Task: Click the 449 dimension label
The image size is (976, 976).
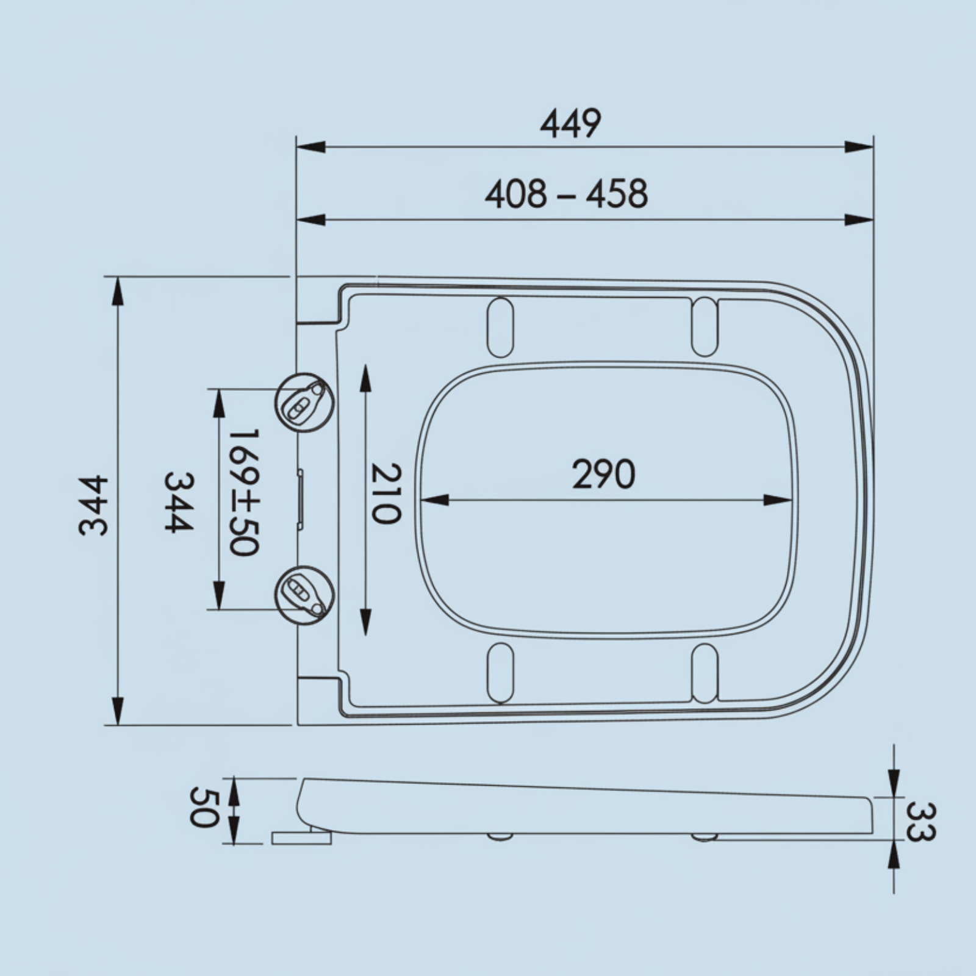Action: [570, 124]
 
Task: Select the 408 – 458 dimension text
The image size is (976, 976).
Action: [566, 195]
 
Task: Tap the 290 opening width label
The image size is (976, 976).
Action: [603, 475]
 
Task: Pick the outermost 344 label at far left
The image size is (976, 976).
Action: [94, 506]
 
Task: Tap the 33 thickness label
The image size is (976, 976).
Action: [919, 821]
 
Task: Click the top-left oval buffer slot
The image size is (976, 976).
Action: [500, 327]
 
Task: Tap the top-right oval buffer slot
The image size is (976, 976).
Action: [705, 327]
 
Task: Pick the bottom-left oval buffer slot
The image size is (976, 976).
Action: [500, 673]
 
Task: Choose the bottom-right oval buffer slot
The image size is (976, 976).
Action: [705, 673]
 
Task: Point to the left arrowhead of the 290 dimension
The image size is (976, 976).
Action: [434, 500]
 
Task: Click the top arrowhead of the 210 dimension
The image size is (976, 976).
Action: [365, 378]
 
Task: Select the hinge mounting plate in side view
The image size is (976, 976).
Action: [301, 838]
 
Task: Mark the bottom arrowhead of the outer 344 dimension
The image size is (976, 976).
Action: [118, 711]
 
